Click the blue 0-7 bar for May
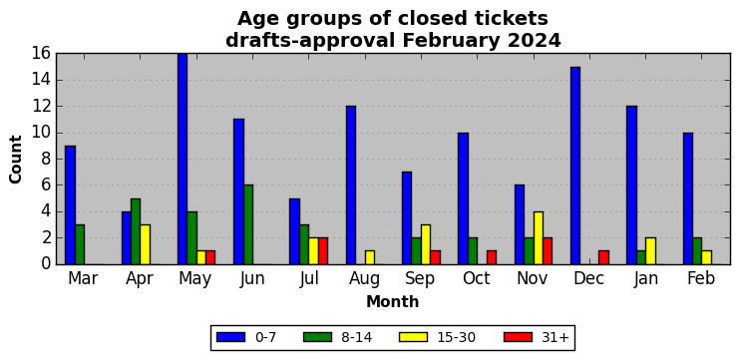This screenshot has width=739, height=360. click(183, 159)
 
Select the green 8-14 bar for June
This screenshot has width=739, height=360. click(248, 224)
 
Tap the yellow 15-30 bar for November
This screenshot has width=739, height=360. click(539, 238)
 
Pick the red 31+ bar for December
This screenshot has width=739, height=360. click(603, 257)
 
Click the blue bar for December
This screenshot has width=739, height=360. click(575, 166)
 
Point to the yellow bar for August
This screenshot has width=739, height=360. click(370, 257)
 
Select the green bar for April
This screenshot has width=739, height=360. click(136, 231)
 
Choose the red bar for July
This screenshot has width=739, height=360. click(323, 251)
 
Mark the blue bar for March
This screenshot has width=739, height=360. click(70, 205)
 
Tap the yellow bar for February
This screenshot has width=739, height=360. click(706, 257)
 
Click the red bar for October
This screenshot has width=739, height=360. click(492, 257)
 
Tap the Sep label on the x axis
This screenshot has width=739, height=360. click(421, 279)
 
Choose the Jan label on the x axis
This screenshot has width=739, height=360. click(645, 278)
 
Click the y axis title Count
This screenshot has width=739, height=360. click(16, 159)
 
